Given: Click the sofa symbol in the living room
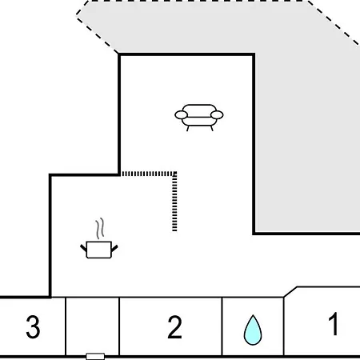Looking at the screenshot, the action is [199, 118].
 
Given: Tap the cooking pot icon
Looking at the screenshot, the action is [99, 250].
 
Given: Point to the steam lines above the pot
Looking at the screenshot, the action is [100, 229].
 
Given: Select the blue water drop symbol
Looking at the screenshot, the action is [253, 330].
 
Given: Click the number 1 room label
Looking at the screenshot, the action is [334, 323].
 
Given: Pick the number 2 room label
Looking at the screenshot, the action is [174, 327].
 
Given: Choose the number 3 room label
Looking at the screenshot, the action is [33, 326].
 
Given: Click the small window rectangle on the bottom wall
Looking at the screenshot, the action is [95, 356].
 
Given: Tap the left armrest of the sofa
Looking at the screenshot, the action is [182, 115].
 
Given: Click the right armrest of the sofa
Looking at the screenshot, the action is [217, 115].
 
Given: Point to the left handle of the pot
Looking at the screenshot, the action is [83, 248].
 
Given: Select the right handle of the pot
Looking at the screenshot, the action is [114, 248].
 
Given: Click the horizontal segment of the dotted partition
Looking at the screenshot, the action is [148, 174].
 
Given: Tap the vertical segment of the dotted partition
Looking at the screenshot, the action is [174, 202].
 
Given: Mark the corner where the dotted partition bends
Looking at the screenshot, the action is [174, 174].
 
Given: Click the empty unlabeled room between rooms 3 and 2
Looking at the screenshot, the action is [93, 326].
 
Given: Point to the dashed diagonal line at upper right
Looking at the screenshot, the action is [334, 23].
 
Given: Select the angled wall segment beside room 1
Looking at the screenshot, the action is [290, 292].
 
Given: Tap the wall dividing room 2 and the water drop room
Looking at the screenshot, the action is [222, 326].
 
